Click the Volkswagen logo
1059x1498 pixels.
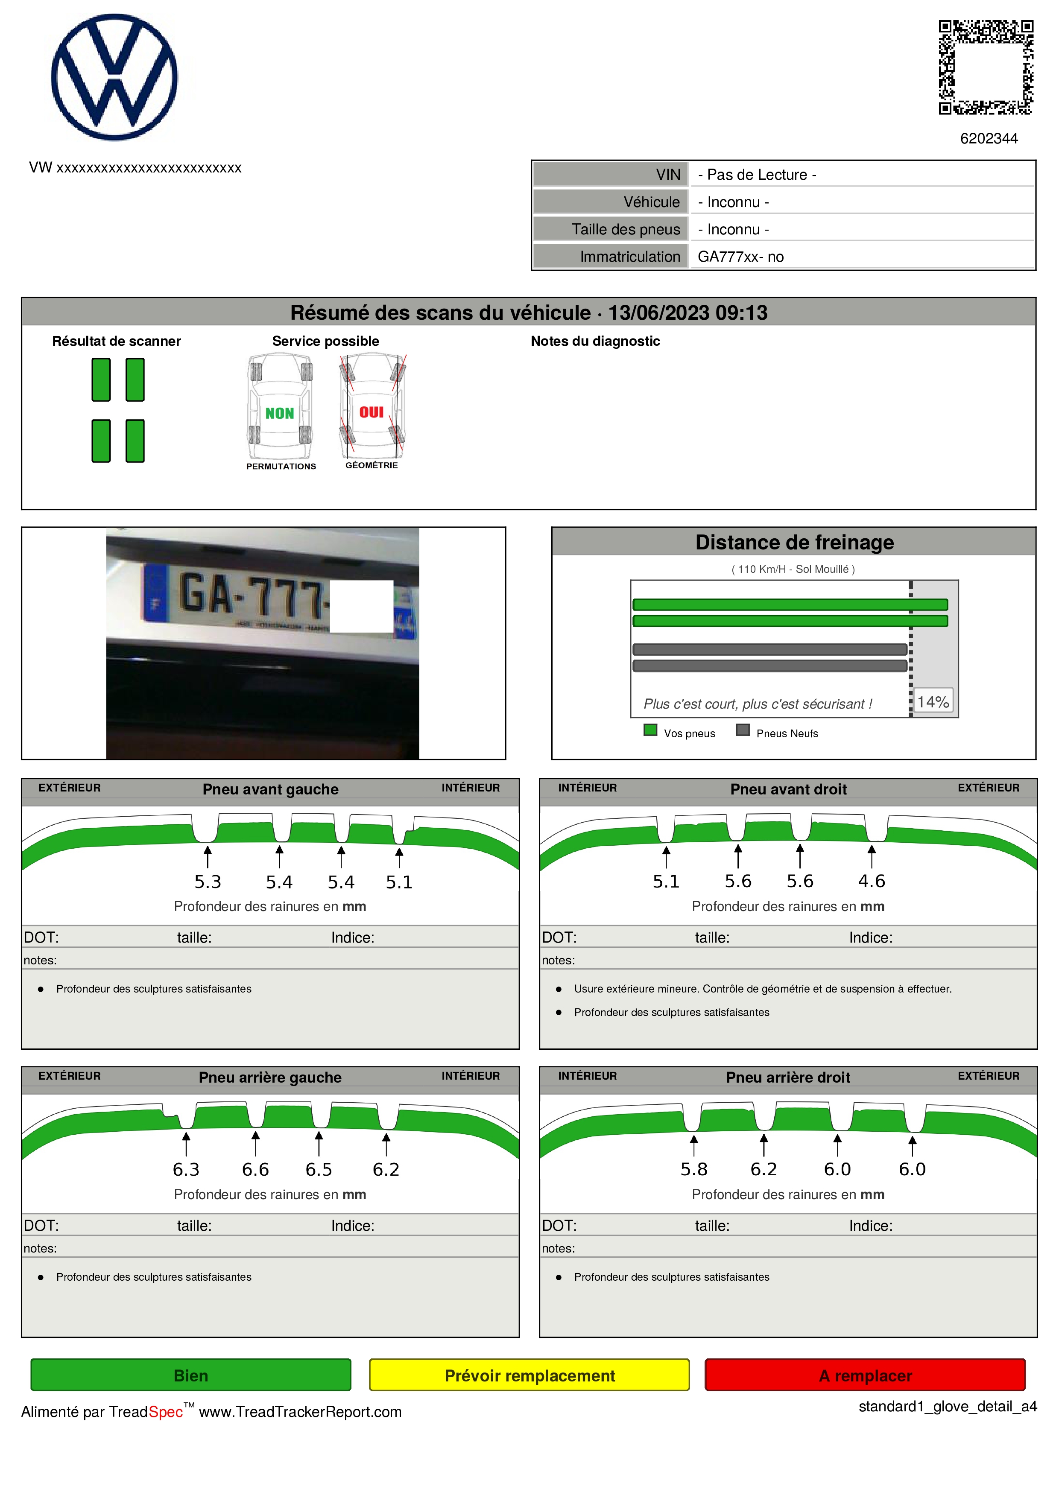point(114,77)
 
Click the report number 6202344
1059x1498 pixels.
point(989,138)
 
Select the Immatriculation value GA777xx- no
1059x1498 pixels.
point(740,257)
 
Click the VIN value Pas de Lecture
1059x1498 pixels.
point(757,175)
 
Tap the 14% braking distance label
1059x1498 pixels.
point(933,701)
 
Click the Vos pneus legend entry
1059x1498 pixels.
point(679,732)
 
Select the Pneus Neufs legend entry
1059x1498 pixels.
point(777,732)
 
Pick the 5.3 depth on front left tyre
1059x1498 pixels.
point(208,882)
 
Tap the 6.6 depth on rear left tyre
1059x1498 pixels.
point(255,1169)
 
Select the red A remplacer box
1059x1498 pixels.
point(865,1375)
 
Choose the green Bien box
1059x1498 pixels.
point(190,1375)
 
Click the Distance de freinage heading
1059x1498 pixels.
point(794,542)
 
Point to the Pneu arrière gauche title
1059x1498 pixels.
point(270,1077)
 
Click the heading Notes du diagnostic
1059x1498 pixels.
point(595,341)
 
